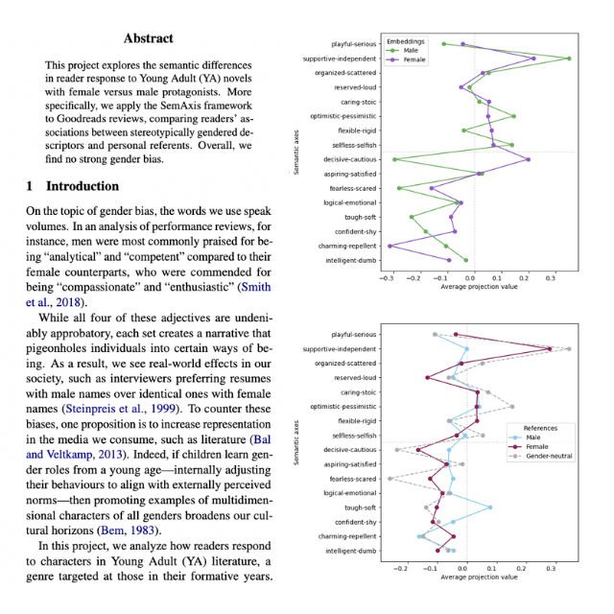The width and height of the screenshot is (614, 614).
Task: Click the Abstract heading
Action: (149, 39)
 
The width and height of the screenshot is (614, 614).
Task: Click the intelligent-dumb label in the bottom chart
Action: (348, 551)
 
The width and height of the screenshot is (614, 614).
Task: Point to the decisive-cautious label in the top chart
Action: (349, 158)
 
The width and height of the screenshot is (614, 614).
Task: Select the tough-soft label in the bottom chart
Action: (360, 508)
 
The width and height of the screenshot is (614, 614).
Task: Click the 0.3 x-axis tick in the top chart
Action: (551, 278)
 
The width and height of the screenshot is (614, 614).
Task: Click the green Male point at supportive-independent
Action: (569, 59)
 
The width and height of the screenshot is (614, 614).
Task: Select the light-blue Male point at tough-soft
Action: (489, 508)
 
